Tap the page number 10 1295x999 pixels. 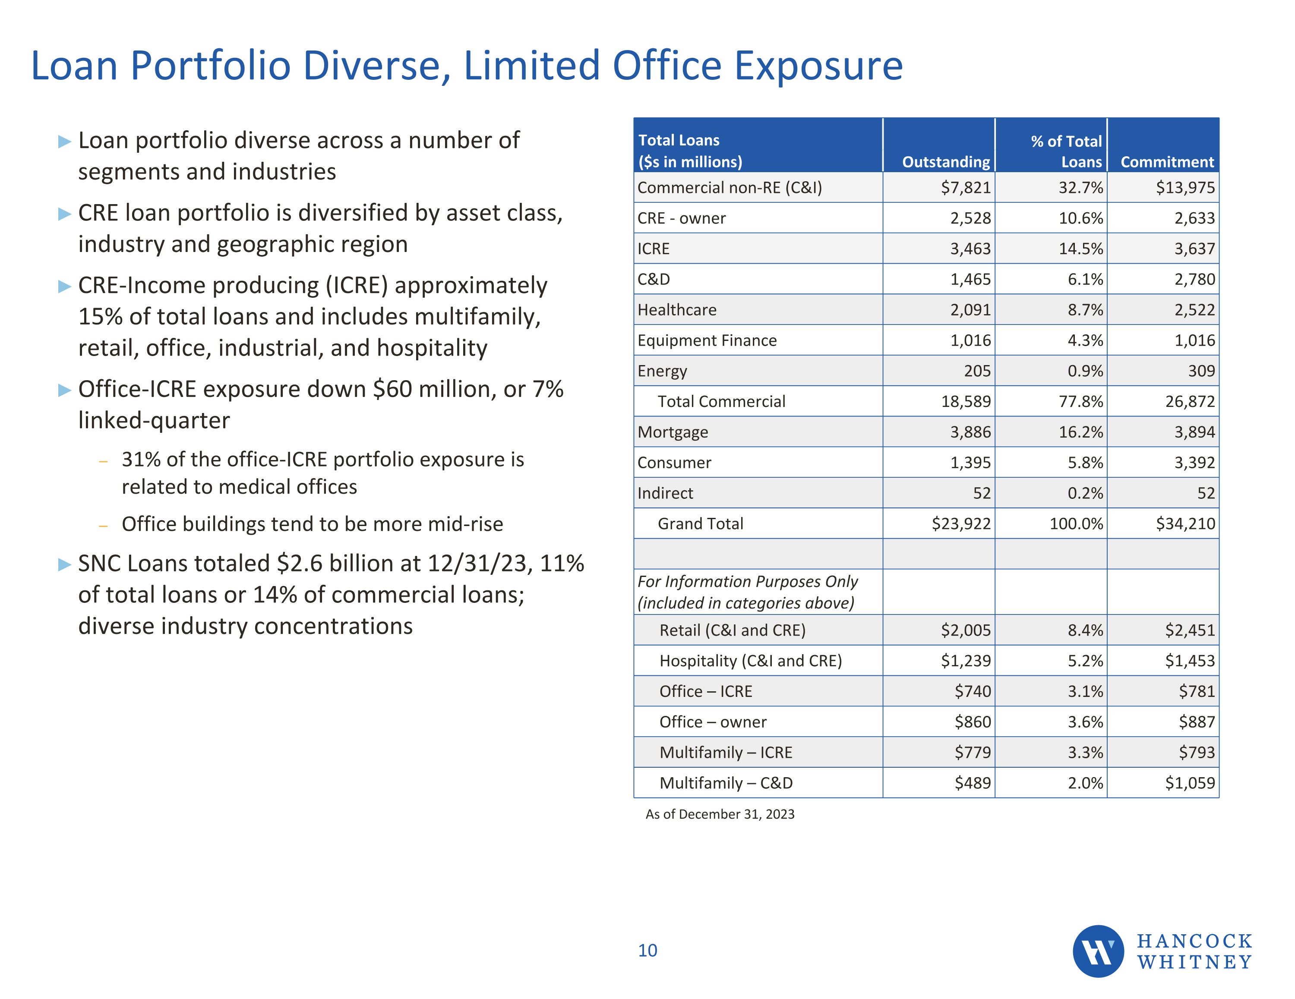click(x=647, y=950)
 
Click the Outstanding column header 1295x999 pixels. click(x=946, y=162)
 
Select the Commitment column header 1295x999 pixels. click(x=1167, y=162)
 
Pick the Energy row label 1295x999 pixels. click(x=662, y=371)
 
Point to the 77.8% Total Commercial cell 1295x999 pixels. click(x=1080, y=402)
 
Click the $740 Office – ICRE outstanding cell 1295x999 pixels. click(x=973, y=691)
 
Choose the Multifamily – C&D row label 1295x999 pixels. click(x=726, y=783)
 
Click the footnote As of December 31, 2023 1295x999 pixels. click(x=720, y=814)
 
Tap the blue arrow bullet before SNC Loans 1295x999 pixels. click(x=64, y=564)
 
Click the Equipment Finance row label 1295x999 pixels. click(x=707, y=341)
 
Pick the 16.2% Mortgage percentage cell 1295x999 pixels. click(x=1080, y=432)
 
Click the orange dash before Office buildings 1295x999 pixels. click(x=104, y=525)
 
